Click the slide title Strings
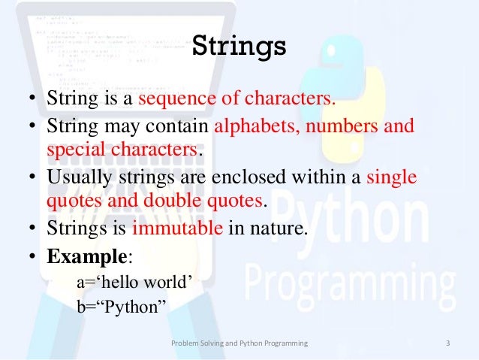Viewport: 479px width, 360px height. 239,46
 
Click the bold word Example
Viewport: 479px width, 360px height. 87,256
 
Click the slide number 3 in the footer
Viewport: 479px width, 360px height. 447,343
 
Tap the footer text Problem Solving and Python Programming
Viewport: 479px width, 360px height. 239,343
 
